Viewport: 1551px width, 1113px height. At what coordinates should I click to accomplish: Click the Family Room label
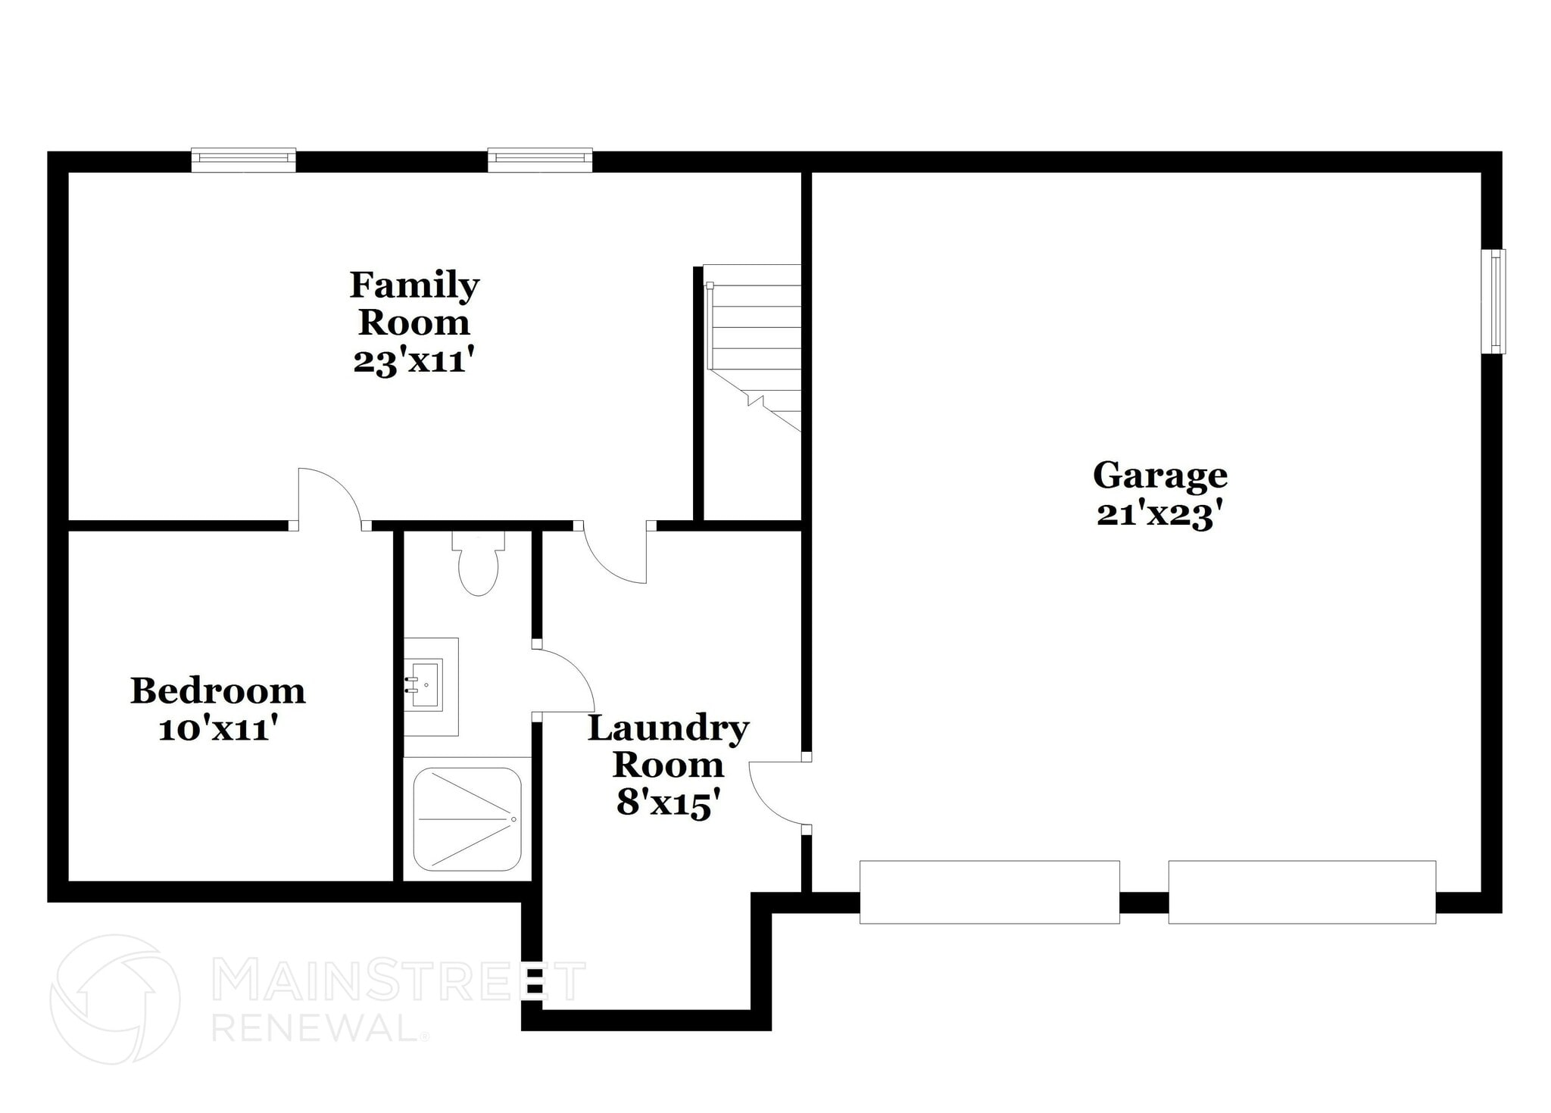click(414, 304)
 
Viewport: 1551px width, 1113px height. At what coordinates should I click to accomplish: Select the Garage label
click(1159, 475)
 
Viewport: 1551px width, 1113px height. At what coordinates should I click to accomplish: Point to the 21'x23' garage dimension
click(1159, 516)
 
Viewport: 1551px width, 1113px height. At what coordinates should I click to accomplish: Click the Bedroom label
click(218, 691)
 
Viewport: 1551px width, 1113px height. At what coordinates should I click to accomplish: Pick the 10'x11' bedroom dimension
click(218, 730)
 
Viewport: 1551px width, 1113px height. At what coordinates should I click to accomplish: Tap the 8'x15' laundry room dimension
click(667, 803)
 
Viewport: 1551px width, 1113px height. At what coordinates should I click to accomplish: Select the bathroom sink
click(426, 684)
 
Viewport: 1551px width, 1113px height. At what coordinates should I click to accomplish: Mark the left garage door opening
click(989, 892)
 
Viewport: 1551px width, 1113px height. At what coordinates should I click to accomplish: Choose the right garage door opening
click(1301, 892)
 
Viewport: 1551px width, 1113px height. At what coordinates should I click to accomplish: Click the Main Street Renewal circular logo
click(115, 999)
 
